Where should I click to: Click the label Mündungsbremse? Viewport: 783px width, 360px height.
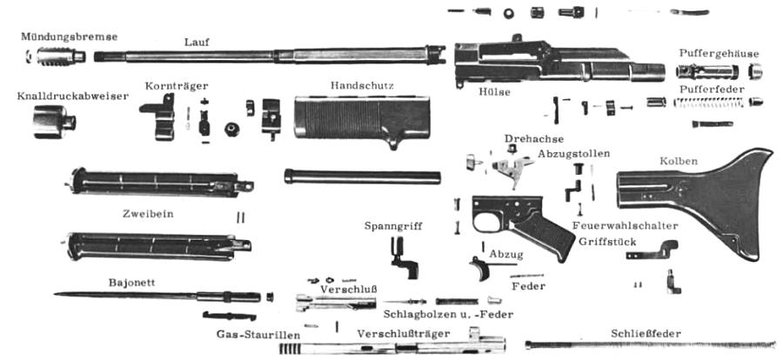pos(69,37)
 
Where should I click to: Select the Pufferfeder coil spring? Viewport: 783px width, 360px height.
pos(711,103)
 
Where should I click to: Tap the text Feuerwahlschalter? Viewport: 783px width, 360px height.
pos(626,225)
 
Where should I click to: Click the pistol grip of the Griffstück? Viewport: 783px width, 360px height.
pos(545,236)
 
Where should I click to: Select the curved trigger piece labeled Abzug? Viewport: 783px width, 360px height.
pos(480,269)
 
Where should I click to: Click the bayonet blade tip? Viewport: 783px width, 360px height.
pos(57,294)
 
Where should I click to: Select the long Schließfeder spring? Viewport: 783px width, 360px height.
pos(648,345)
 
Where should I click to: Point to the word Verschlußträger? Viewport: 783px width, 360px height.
pos(403,333)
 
